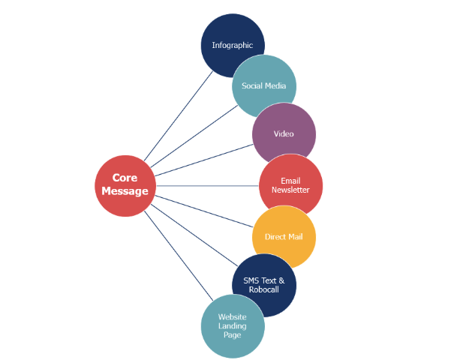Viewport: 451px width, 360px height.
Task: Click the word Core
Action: click(125, 178)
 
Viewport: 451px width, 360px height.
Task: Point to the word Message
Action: click(125, 191)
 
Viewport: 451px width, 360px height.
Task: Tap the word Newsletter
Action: click(290, 190)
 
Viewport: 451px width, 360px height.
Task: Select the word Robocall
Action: click(263, 289)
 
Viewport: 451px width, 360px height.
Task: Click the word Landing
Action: click(233, 326)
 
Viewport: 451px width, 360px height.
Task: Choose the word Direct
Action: click(275, 237)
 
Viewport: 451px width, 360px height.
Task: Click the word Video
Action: click(284, 133)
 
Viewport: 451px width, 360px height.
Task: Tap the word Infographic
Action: click(233, 45)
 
